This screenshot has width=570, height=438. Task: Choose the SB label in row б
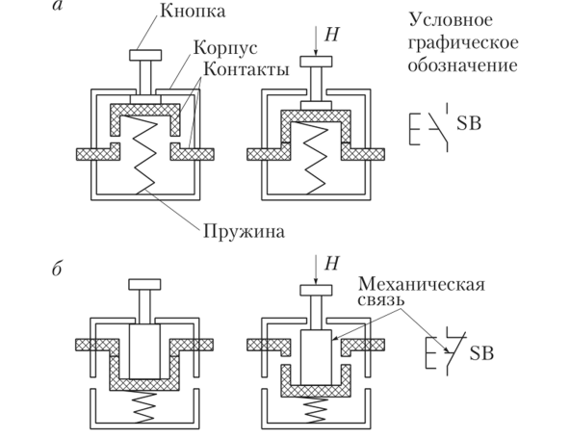tap(480, 354)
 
